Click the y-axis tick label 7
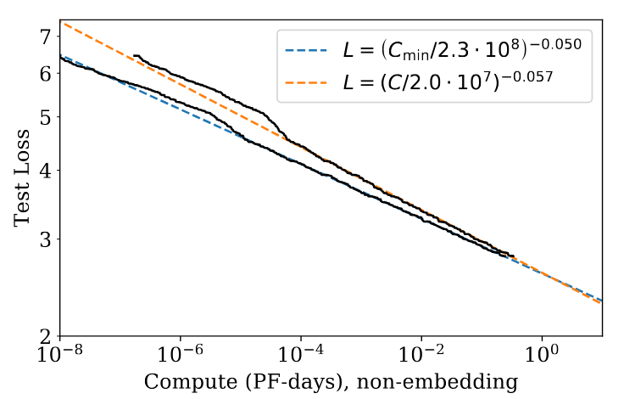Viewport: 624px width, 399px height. coord(46,36)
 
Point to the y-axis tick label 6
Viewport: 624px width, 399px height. coord(46,73)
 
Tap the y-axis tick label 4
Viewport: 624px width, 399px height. coord(46,170)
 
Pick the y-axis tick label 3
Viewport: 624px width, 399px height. coord(46,239)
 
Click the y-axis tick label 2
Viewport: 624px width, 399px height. coord(46,335)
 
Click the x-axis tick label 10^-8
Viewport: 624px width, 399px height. coord(60,352)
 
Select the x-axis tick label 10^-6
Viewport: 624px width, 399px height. coord(181,352)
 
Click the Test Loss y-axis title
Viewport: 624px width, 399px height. coord(24,178)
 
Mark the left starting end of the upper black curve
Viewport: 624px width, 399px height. coord(134,56)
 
